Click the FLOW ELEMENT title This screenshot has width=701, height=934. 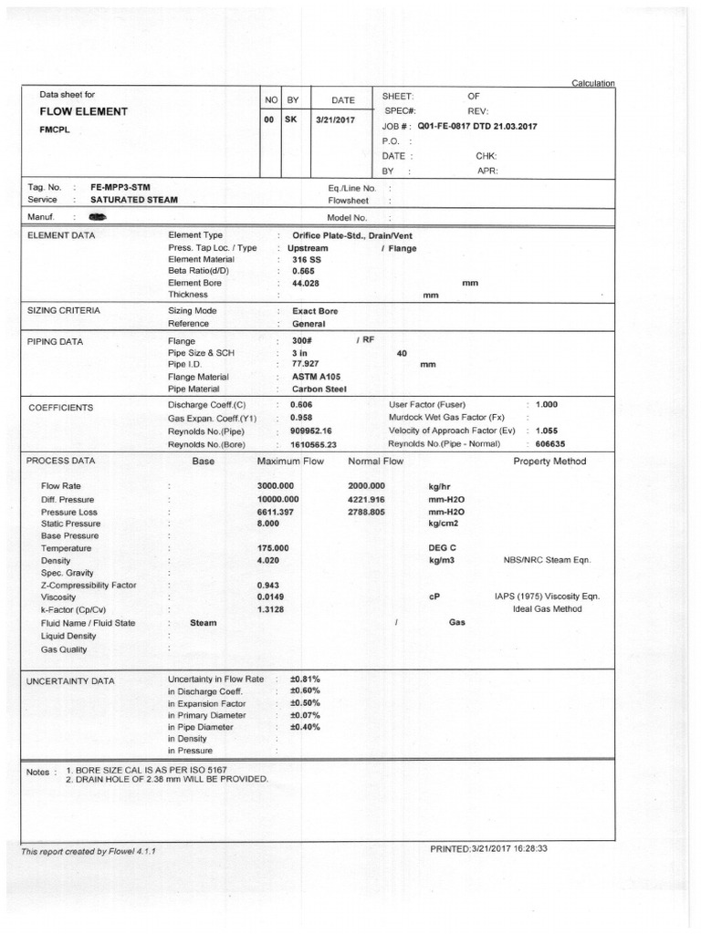[x=83, y=111]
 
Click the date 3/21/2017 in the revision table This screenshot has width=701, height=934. [x=337, y=120]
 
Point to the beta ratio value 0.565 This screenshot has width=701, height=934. [x=302, y=271]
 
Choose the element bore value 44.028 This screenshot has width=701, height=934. [x=306, y=283]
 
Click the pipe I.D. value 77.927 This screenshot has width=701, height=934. [x=304, y=364]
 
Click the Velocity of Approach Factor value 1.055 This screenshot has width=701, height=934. [x=547, y=431]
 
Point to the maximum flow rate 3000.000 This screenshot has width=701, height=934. [x=278, y=486]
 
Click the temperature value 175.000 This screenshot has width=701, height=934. [x=274, y=547]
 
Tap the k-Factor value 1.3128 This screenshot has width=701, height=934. [x=273, y=609]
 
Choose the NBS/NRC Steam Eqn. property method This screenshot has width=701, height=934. [x=546, y=560]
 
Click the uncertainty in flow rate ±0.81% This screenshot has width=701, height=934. [x=304, y=680]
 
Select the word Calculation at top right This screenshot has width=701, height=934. [x=592, y=83]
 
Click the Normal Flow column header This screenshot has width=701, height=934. [x=375, y=462]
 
